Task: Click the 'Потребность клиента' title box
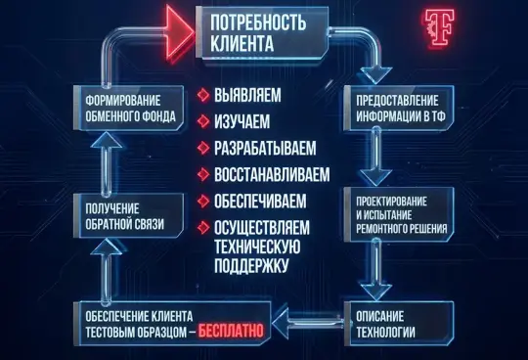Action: click(264, 32)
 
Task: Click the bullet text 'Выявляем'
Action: click(246, 96)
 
